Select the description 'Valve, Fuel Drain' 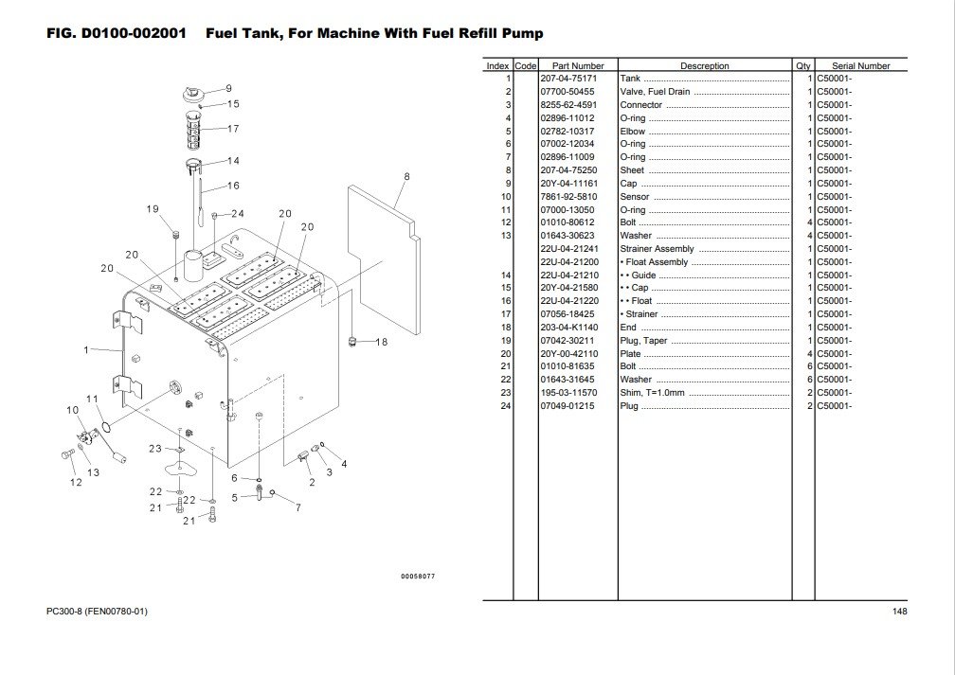coord(655,92)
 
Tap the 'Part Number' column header coord(578,66)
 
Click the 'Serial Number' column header coord(860,66)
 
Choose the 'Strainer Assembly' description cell coord(657,249)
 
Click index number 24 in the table coord(507,406)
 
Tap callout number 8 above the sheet coord(405,176)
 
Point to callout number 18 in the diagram coord(382,342)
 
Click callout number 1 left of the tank coord(86,350)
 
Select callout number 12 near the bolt coord(75,482)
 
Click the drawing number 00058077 coord(418,576)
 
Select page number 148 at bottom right coord(899,612)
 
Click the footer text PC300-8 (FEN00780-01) coord(97,612)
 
